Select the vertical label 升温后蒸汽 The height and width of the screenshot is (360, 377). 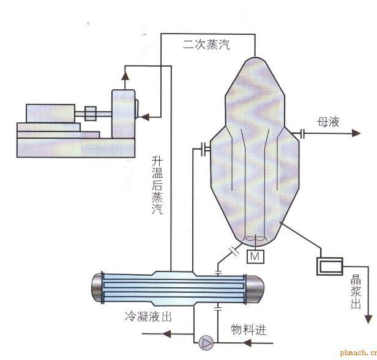tap(157, 186)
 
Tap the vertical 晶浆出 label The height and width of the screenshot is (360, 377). tap(356, 292)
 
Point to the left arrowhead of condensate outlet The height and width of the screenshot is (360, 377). tap(166, 334)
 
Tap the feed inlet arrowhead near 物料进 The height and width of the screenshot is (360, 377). tap(250, 343)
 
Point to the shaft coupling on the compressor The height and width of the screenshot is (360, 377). tap(89, 113)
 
